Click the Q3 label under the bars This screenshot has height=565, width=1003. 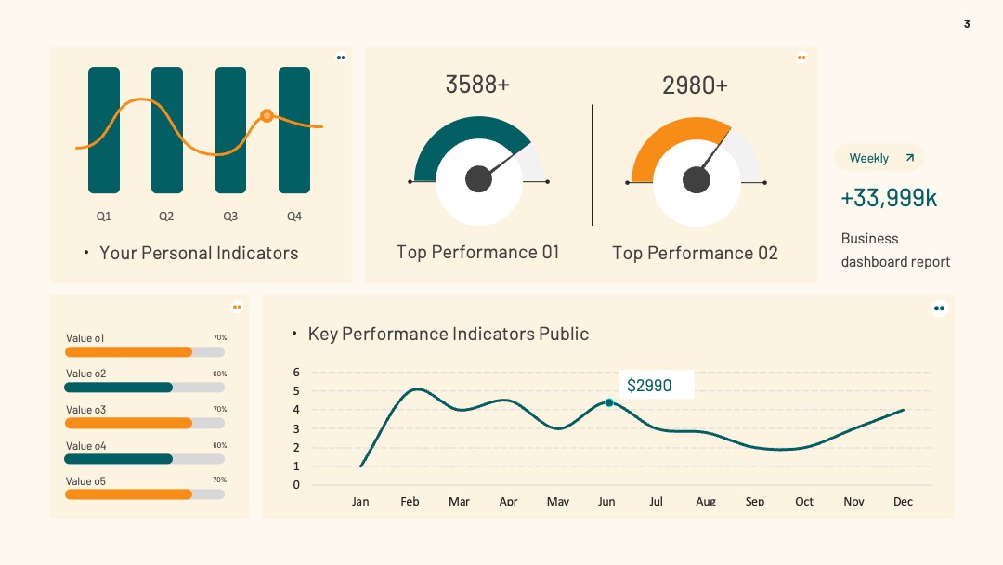click(x=230, y=217)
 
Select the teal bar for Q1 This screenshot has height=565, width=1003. click(x=104, y=130)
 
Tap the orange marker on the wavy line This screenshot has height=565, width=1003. click(x=267, y=116)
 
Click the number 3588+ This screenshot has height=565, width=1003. click(x=477, y=85)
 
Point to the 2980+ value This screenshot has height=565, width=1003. click(x=695, y=85)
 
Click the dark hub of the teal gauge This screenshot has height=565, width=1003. click(x=478, y=179)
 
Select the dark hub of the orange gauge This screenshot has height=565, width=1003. click(x=696, y=179)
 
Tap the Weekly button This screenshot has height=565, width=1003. click(x=879, y=158)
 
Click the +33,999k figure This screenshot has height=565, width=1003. click(x=889, y=198)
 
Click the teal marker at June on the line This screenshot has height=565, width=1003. click(x=609, y=402)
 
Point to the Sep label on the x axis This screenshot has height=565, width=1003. click(x=755, y=502)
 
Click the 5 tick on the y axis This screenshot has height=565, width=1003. click(x=296, y=391)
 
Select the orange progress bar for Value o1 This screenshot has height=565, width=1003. click(x=128, y=352)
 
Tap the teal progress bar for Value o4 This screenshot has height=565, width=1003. click(x=118, y=459)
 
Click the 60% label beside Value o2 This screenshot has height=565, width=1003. click(x=220, y=374)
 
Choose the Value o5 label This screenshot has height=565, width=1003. click(x=85, y=481)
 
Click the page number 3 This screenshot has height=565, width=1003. click(x=967, y=23)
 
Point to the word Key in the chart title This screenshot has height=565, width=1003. click(x=322, y=334)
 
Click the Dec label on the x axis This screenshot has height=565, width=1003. click(x=903, y=502)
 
